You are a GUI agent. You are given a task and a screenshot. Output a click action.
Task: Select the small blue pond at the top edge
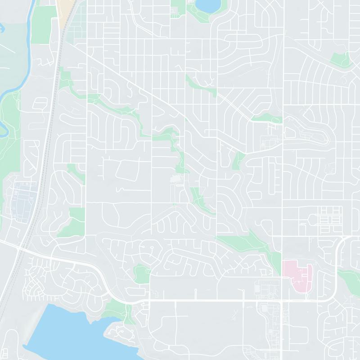(206, 5)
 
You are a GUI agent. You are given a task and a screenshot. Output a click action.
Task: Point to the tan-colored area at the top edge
(66, 9)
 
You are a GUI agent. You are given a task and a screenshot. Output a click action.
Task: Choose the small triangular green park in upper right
(341, 58)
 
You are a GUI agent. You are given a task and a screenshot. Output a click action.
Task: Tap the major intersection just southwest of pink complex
(282, 300)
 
